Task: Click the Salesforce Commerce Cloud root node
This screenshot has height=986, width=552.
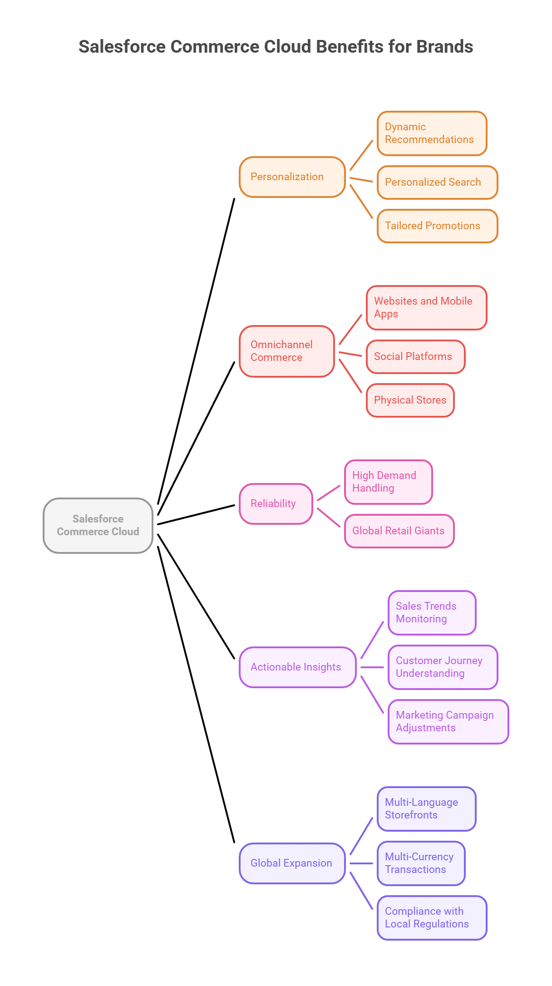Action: pyautogui.click(x=98, y=525)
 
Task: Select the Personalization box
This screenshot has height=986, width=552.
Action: pyautogui.click(x=292, y=177)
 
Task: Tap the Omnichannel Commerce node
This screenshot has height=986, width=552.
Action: pyautogui.click(x=286, y=351)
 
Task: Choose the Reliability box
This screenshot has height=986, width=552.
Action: pyautogui.click(x=276, y=503)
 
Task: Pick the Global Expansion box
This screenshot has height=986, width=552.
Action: pyautogui.click(x=292, y=863)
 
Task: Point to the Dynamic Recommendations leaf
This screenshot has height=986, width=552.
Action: pyautogui.click(x=432, y=133)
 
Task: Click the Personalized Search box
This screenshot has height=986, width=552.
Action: pyautogui.click(x=437, y=182)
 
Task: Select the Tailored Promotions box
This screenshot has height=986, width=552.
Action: pyautogui.click(x=437, y=226)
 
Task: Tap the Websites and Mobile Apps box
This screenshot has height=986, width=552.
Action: pyautogui.click(x=426, y=307)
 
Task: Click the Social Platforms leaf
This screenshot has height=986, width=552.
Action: pyautogui.click(x=415, y=356)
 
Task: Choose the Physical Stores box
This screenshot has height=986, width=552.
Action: pyautogui.click(x=410, y=400)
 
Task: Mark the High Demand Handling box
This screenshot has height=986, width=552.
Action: pyautogui.click(x=388, y=482)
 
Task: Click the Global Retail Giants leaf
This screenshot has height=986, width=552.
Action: pyautogui.click(x=399, y=531)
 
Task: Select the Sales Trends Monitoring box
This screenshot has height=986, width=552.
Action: pyautogui.click(x=432, y=612)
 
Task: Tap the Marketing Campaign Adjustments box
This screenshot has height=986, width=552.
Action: pyautogui.click(x=448, y=721)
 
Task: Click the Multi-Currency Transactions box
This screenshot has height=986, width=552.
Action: pyautogui.click(x=421, y=863)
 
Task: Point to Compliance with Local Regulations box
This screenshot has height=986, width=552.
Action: pyautogui.click(x=432, y=917)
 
